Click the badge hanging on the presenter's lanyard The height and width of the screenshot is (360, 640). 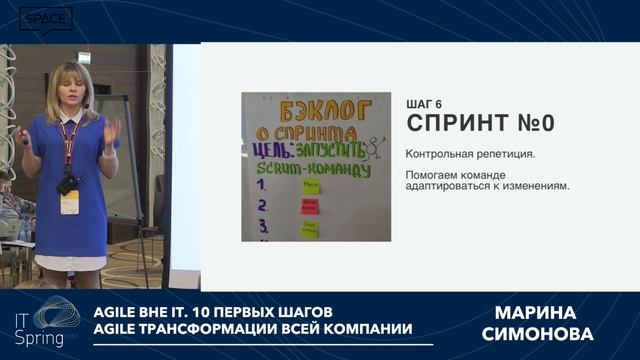[69, 201]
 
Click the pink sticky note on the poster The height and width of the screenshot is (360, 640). [310, 207]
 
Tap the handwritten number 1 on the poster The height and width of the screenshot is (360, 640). [261, 185]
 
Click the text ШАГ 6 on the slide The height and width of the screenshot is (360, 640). [424, 104]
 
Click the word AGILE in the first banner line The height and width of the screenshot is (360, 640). [120, 311]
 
